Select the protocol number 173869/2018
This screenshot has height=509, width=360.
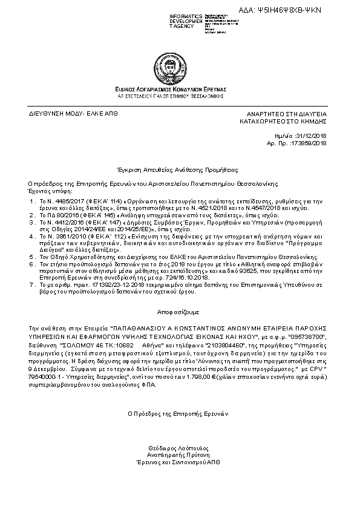click(x=309, y=143)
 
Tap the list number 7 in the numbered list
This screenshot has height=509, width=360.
click(x=31, y=284)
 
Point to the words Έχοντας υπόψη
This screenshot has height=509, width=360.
click(x=46, y=189)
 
